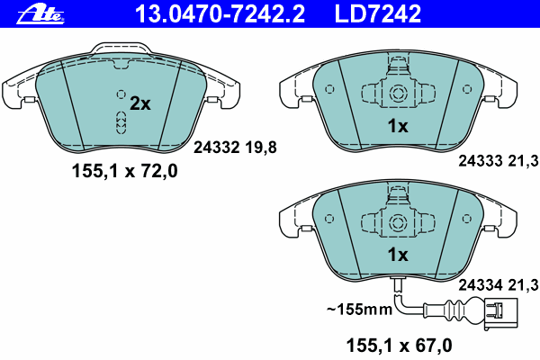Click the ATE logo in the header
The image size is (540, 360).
40,15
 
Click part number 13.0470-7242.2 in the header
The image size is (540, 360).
220,14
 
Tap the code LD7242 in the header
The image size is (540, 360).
378,14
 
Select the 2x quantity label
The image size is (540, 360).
140,103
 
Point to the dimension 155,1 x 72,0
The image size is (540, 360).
125,171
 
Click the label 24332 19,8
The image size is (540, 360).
235,148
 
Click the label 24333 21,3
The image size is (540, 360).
499,161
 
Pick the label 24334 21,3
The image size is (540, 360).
499,285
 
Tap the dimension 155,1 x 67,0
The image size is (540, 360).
399,346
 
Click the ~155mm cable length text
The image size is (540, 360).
359,310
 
